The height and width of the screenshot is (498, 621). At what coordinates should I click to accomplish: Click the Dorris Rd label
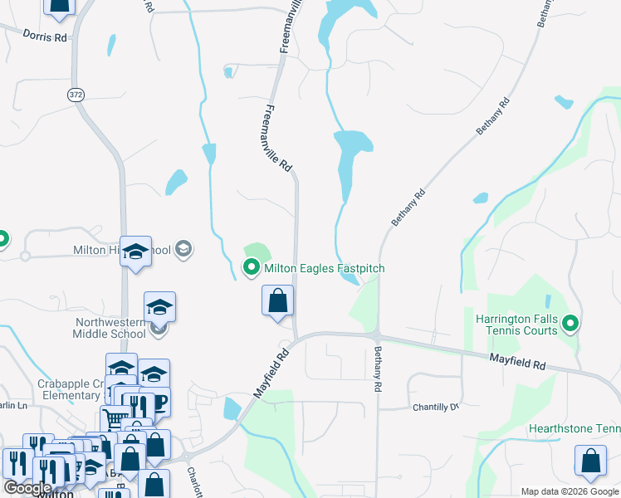(44, 37)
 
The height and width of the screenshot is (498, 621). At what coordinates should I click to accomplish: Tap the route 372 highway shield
(76, 95)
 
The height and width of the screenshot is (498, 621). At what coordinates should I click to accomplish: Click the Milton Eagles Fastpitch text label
(325, 269)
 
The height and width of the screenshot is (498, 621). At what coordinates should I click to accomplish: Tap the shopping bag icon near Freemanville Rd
(278, 300)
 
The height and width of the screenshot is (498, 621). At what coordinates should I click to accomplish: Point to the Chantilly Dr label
(436, 408)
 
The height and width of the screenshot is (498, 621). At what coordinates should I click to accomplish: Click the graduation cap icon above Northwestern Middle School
(159, 307)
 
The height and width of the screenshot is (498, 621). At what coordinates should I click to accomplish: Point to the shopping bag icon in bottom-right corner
(590, 462)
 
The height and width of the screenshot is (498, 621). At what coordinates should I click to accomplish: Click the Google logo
(27, 488)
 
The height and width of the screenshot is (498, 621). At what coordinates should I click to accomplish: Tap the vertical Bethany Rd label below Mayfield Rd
(378, 369)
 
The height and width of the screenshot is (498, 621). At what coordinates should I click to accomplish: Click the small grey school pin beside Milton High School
(183, 248)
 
